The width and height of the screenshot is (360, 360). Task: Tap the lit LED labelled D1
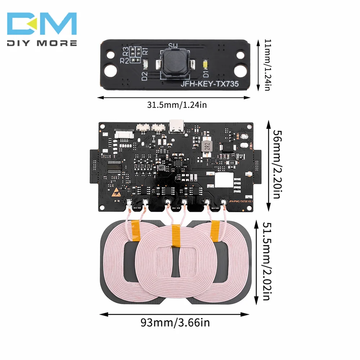pyautogui.click(x=206, y=65)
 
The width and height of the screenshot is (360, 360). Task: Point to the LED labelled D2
pyautogui.click(x=145, y=65)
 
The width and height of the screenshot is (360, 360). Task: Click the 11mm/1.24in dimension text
pyautogui.click(x=267, y=65)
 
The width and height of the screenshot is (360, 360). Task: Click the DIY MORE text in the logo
pyautogui.click(x=42, y=43)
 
